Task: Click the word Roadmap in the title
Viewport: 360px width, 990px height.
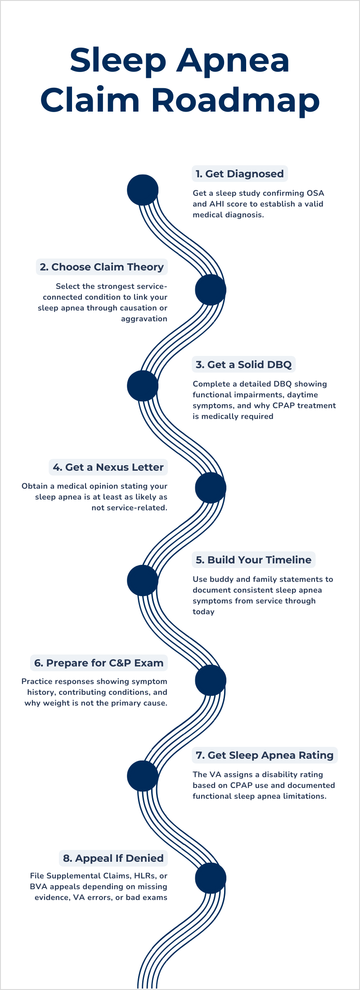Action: (235, 100)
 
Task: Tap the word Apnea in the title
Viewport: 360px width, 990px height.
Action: (233, 60)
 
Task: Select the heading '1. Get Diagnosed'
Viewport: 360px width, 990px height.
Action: (240, 174)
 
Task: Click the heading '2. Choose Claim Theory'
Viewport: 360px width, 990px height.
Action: (102, 267)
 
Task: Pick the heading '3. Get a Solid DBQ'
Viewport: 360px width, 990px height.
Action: (244, 364)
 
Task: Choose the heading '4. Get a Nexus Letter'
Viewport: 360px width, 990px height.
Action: (108, 467)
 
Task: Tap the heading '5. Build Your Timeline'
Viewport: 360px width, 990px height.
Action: (254, 560)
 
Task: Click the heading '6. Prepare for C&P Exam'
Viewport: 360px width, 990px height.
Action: (99, 663)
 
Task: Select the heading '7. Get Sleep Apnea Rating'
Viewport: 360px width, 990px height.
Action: (265, 755)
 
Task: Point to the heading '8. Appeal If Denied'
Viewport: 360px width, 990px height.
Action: (113, 858)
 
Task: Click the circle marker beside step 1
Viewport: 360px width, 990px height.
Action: (143, 190)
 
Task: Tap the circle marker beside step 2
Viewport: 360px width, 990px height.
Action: (211, 289)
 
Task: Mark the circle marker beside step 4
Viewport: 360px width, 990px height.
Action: (211, 487)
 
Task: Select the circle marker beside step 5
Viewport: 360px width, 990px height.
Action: (143, 580)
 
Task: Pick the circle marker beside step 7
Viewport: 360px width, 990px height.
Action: (143, 776)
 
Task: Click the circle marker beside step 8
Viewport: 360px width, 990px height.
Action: (211, 878)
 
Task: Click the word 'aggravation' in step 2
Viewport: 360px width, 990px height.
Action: (144, 319)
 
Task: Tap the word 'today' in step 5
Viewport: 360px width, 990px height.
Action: (203, 612)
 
